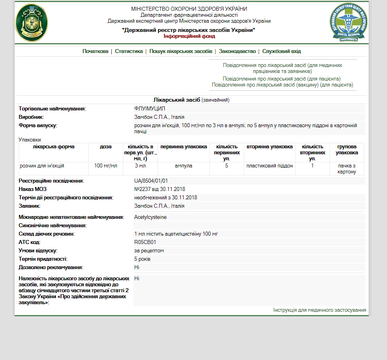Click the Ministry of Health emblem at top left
[x=32, y=23]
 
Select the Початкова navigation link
[x=95, y=51]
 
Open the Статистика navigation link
[x=129, y=51]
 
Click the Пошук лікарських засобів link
[x=181, y=51]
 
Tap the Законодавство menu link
[x=237, y=51]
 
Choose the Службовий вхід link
[x=281, y=51]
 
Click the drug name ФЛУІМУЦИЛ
[x=150, y=108]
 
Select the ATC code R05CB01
[x=145, y=242]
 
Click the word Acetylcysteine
[x=150, y=217]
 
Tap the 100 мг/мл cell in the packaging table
[x=106, y=166]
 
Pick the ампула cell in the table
[x=184, y=166]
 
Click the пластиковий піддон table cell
[x=270, y=166]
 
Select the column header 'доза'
[x=106, y=147]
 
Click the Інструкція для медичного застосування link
[x=320, y=310]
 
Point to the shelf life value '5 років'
[x=142, y=259]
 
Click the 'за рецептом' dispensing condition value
[x=149, y=251]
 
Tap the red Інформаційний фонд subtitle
[x=189, y=36]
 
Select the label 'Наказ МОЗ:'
[x=32, y=189]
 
